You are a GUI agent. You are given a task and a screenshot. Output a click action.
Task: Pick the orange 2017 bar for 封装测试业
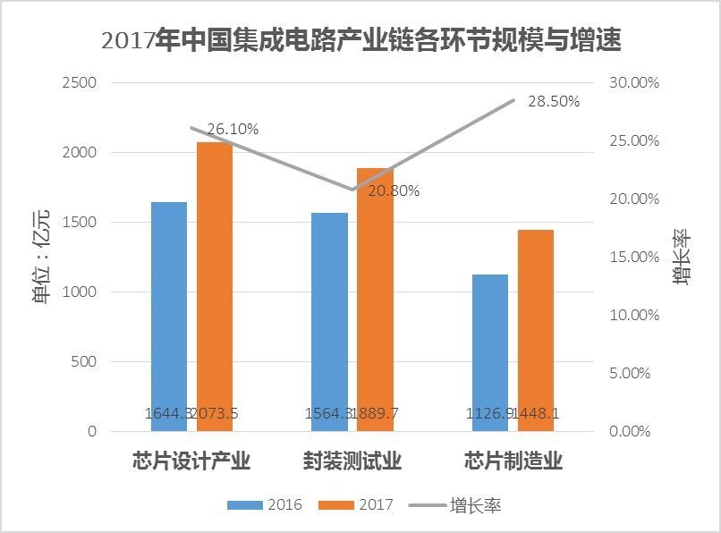[x=375, y=300]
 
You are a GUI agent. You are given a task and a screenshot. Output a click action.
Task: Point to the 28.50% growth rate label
[x=554, y=101]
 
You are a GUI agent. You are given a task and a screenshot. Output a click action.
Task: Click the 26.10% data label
[x=233, y=130]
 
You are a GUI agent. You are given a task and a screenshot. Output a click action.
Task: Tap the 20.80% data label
[x=394, y=190]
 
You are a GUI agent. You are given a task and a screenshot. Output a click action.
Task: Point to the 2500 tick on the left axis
[x=80, y=83]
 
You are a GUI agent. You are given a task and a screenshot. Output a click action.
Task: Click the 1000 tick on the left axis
[x=80, y=292]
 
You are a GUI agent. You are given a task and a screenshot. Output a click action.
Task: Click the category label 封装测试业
[x=352, y=461]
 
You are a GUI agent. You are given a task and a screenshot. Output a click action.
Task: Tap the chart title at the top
[x=360, y=40]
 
